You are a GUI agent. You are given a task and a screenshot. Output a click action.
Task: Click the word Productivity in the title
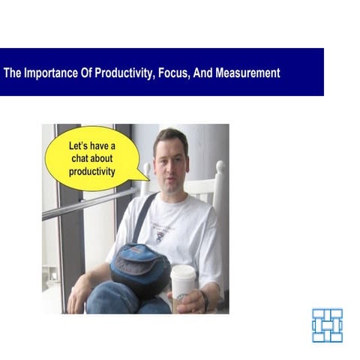tap(121, 73)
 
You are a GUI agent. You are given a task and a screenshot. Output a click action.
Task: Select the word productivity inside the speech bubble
tap(91, 172)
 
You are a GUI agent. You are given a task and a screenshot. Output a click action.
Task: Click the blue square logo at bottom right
tap(327, 324)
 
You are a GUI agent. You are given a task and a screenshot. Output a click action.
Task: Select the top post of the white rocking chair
tap(220, 168)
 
